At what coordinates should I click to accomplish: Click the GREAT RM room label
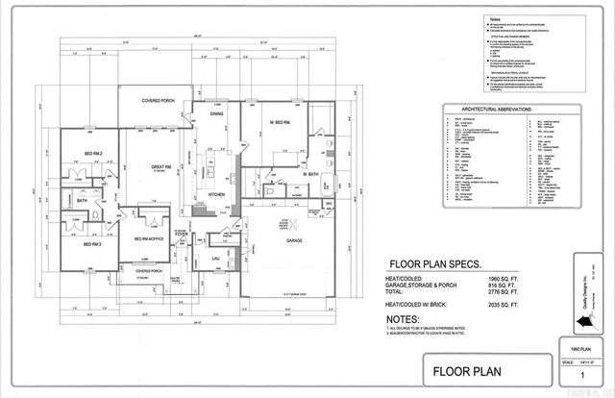(x=160, y=167)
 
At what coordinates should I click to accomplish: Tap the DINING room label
(x=217, y=113)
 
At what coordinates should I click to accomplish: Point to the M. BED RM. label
(x=281, y=122)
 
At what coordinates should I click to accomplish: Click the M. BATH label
(x=311, y=174)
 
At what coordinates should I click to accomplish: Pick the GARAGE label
(x=294, y=240)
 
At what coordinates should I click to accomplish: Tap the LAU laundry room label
(x=216, y=258)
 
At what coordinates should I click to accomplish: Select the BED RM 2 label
(x=93, y=153)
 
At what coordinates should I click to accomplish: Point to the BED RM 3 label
(x=92, y=244)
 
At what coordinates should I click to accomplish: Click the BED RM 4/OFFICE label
(x=148, y=238)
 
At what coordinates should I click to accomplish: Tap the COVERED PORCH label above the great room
(x=157, y=100)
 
